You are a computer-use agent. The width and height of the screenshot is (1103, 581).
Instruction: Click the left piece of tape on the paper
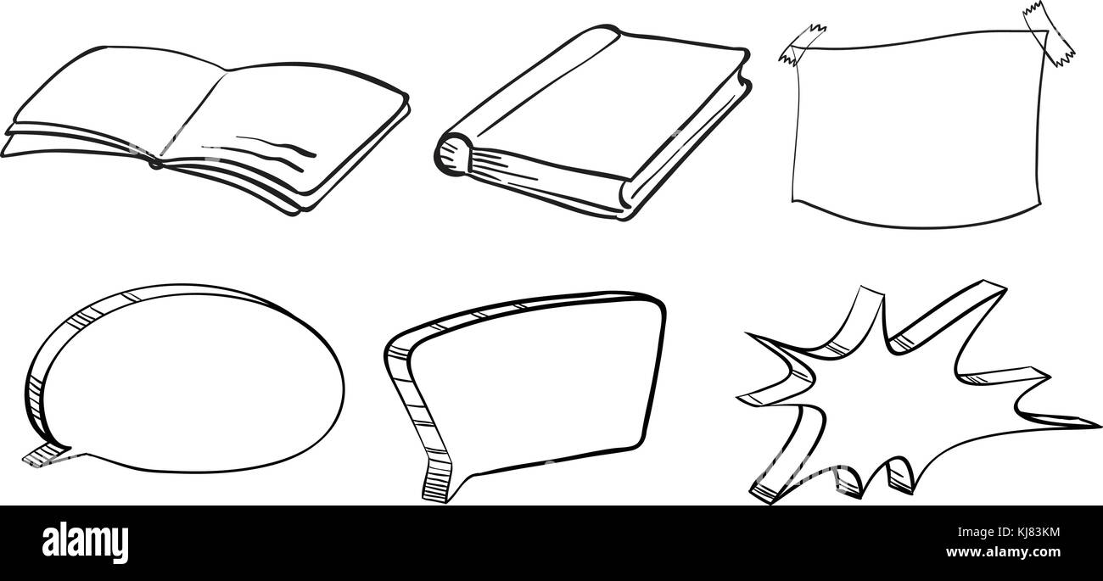point(803,42)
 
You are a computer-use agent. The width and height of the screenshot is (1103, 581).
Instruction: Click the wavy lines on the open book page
point(276,151)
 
